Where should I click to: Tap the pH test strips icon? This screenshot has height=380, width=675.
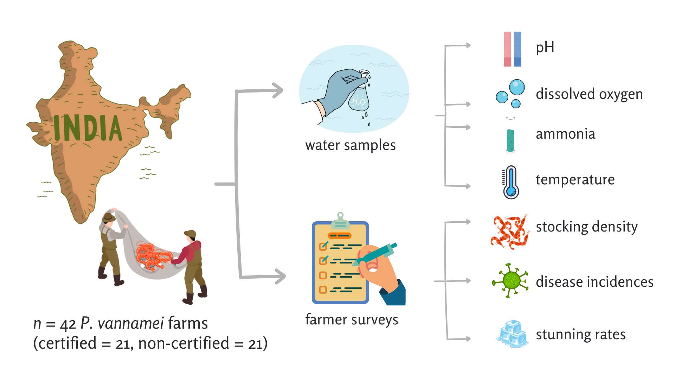click(x=512, y=49)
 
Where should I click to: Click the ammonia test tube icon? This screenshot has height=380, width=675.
click(x=510, y=135)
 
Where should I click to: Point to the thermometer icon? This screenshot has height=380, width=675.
click(x=511, y=183)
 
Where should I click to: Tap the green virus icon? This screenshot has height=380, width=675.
click(x=510, y=281)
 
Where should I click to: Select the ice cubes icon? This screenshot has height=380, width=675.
click(x=513, y=334)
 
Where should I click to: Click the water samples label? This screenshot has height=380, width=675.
click(x=351, y=145)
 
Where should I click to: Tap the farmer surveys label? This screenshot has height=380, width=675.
click(x=352, y=319)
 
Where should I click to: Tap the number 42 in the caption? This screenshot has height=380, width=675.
click(x=68, y=324)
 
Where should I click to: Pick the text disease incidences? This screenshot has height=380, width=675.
click(x=594, y=282)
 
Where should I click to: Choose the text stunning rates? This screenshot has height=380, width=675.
click(x=580, y=334)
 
